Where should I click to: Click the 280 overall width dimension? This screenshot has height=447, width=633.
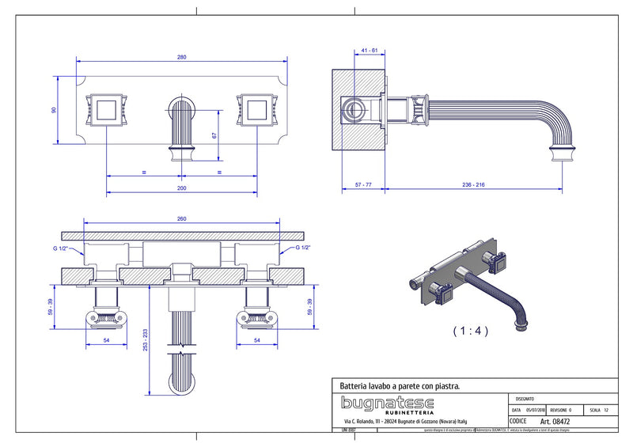coord(182,57)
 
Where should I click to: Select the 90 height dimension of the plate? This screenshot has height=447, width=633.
coord(55,110)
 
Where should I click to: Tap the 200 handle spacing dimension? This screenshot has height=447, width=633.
coord(182,188)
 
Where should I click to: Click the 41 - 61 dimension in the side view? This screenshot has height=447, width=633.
coord(368,50)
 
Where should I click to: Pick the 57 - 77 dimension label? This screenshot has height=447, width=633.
coord(363,184)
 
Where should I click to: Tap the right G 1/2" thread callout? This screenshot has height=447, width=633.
coord(307,248)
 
